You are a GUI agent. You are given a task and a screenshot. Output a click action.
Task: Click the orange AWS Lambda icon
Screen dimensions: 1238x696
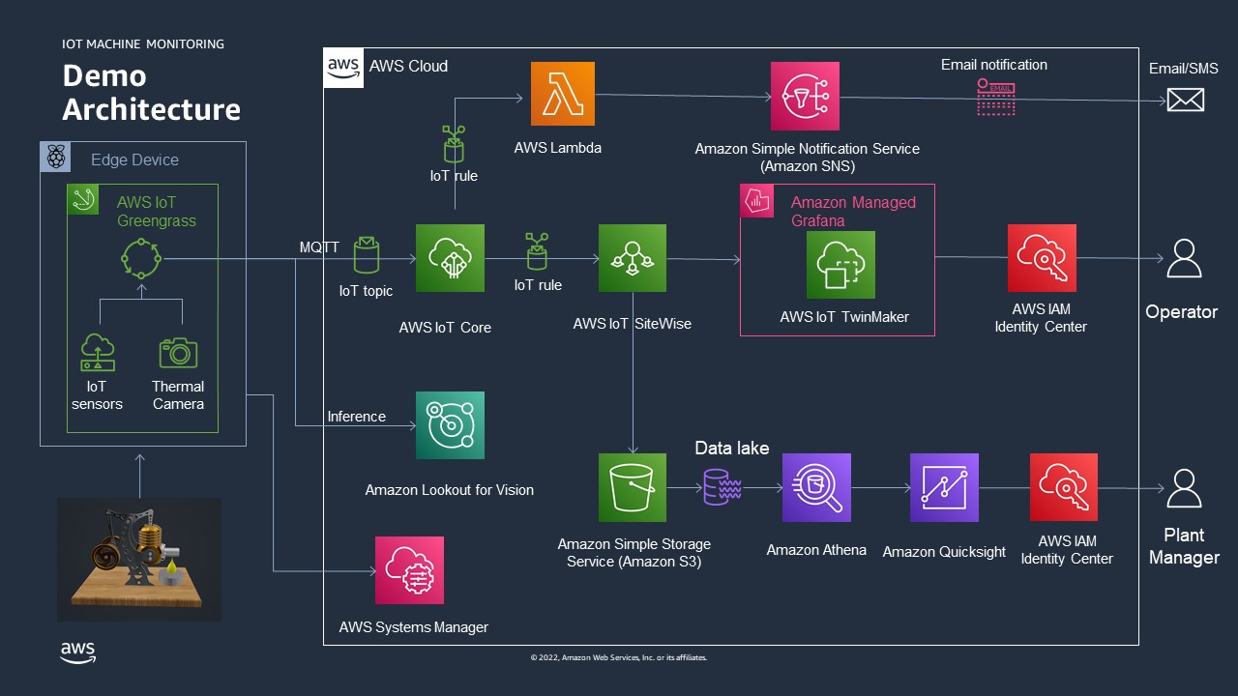pyautogui.click(x=563, y=94)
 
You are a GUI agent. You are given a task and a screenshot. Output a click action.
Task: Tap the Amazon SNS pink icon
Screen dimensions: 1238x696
pyautogui.click(x=805, y=96)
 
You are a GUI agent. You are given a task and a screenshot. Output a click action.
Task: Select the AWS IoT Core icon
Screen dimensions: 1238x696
pyautogui.click(x=450, y=258)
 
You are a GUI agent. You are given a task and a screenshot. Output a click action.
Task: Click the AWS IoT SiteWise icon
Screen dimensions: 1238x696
pyautogui.click(x=633, y=258)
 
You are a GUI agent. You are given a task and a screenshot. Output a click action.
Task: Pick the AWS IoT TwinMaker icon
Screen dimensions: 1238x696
pyautogui.click(x=840, y=265)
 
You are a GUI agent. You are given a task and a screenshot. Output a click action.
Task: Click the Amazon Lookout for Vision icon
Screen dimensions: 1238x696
pyautogui.click(x=450, y=425)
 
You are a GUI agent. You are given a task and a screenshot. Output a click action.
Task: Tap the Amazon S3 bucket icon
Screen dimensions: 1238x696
pyautogui.click(x=633, y=488)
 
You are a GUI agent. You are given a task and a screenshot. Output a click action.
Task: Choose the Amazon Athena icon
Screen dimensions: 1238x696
pyautogui.click(x=816, y=488)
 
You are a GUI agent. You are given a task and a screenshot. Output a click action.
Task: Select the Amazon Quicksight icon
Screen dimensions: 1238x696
pyautogui.click(x=944, y=488)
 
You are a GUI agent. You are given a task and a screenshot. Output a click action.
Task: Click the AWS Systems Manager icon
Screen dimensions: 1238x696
pyautogui.click(x=409, y=570)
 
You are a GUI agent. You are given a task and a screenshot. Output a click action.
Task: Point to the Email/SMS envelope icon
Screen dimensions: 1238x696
pyautogui.click(x=1186, y=100)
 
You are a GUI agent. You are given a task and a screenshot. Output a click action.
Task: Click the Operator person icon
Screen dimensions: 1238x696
pyautogui.click(x=1184, y=258)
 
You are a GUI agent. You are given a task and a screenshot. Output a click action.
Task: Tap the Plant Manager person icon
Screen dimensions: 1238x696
pyautogui.click(x=1184, y=488)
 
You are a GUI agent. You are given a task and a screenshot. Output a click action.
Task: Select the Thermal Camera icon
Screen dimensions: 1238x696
pyautogui.click(x=178, y=353)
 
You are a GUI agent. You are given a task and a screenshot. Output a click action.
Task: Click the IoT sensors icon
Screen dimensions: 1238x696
pyautogui.click(x=98, y=352)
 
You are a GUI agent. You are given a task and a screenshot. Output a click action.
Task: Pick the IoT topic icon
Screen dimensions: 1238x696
pyautogui.click(x=366, y=255)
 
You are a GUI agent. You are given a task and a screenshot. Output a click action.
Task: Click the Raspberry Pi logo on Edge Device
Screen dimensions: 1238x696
pyautogui.click(x=55, y=157)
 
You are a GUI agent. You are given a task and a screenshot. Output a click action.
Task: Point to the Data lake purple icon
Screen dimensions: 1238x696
pyautogui.click(x=722, y=486)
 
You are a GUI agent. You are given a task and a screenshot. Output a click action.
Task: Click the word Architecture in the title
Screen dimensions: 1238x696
pyautogui.click(x=152, y=109)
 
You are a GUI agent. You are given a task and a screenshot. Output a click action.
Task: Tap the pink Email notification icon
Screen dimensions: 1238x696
pyautogui.click(x=996, y=98)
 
